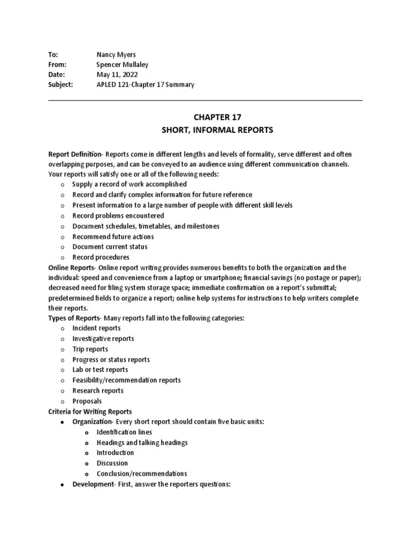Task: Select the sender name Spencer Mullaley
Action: point(123,65)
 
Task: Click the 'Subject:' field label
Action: point(60,85)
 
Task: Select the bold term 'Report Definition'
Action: point(75,153)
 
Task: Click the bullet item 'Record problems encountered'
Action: point(118,216)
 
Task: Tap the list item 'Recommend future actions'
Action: point(113,237)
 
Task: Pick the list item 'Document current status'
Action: point(110,247)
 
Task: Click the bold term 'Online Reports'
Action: point(71,268)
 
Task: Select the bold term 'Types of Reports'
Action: point(74,318)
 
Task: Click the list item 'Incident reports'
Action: point(96,328)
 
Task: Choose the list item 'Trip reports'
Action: point(90,349)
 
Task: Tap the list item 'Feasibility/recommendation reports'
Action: point(126,380)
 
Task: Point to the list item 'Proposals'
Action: point(87,401)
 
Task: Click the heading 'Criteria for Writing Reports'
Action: point(90,412)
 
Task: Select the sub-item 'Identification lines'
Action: point(124,432)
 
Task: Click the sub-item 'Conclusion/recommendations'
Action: point(141,474)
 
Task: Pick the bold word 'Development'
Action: point(91,484)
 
